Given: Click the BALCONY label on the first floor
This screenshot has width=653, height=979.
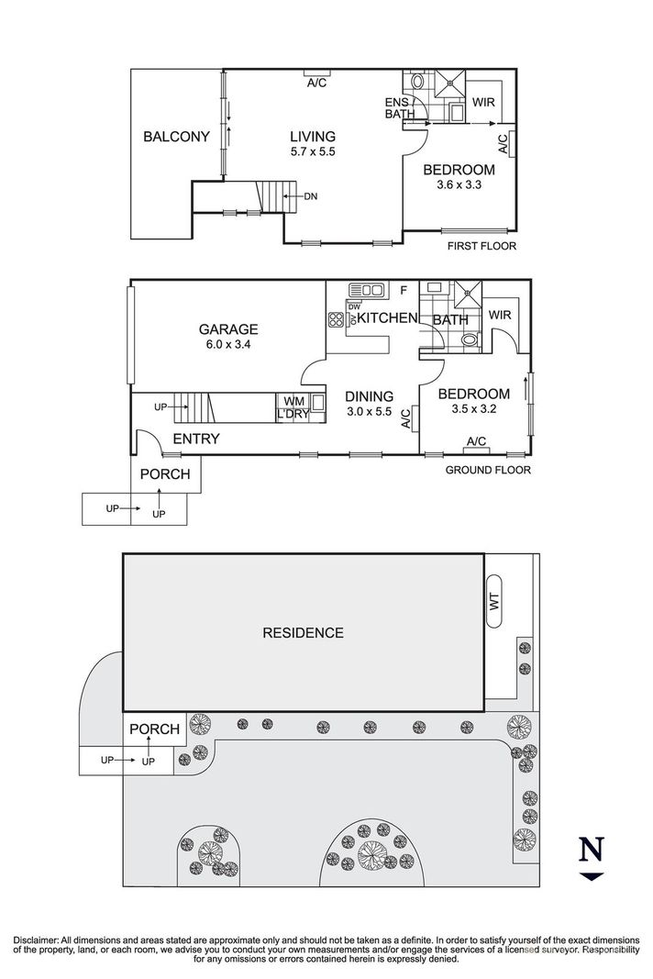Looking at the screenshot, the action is [177, 137].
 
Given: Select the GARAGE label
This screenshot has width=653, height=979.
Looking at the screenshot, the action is [228, 329].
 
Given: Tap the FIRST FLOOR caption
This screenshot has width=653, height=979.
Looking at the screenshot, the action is [481, 246].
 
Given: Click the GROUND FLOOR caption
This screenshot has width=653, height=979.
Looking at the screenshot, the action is [487, 471].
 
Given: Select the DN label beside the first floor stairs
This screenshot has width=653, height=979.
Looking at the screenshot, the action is [310, 195].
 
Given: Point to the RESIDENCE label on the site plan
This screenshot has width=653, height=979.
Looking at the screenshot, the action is [303, 632].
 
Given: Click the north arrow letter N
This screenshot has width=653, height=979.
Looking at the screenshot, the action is [591, 851].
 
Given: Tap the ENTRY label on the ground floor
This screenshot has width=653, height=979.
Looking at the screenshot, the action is [195, 439].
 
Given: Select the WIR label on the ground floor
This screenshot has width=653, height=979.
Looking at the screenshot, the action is [500, 315].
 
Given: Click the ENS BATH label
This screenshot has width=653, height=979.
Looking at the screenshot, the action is [399, 107].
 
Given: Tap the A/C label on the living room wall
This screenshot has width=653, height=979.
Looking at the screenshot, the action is [316, 83].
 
